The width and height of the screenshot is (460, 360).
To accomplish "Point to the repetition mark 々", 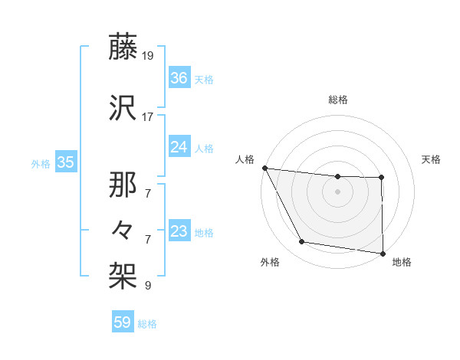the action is pos(123,228).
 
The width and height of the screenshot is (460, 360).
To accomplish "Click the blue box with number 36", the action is pos(179,78).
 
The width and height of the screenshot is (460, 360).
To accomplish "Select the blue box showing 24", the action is pos(179,148).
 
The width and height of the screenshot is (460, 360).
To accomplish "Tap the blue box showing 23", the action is pos(179,231).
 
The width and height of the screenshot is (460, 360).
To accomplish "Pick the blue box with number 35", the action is pos(65,162).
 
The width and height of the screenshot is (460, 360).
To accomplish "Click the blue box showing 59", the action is pos(123,322).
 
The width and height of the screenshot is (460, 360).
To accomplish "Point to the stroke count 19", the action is pos(149,56).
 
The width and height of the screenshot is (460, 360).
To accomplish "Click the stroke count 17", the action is pos(149,117).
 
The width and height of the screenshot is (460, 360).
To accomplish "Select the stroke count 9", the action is pos(148,286).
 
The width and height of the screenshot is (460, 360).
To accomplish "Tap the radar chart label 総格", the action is pos(337,100).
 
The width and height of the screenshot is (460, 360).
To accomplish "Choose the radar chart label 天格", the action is pos(431,159).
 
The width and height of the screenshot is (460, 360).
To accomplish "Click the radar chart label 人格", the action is pos(245,159).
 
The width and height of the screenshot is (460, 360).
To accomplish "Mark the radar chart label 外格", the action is pos(270,262).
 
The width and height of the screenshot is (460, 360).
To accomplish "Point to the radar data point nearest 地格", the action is pos(383,253).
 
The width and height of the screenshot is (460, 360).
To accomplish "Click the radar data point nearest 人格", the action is pos(264,168).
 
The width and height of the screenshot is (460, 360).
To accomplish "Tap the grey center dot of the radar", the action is pos(337,191).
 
